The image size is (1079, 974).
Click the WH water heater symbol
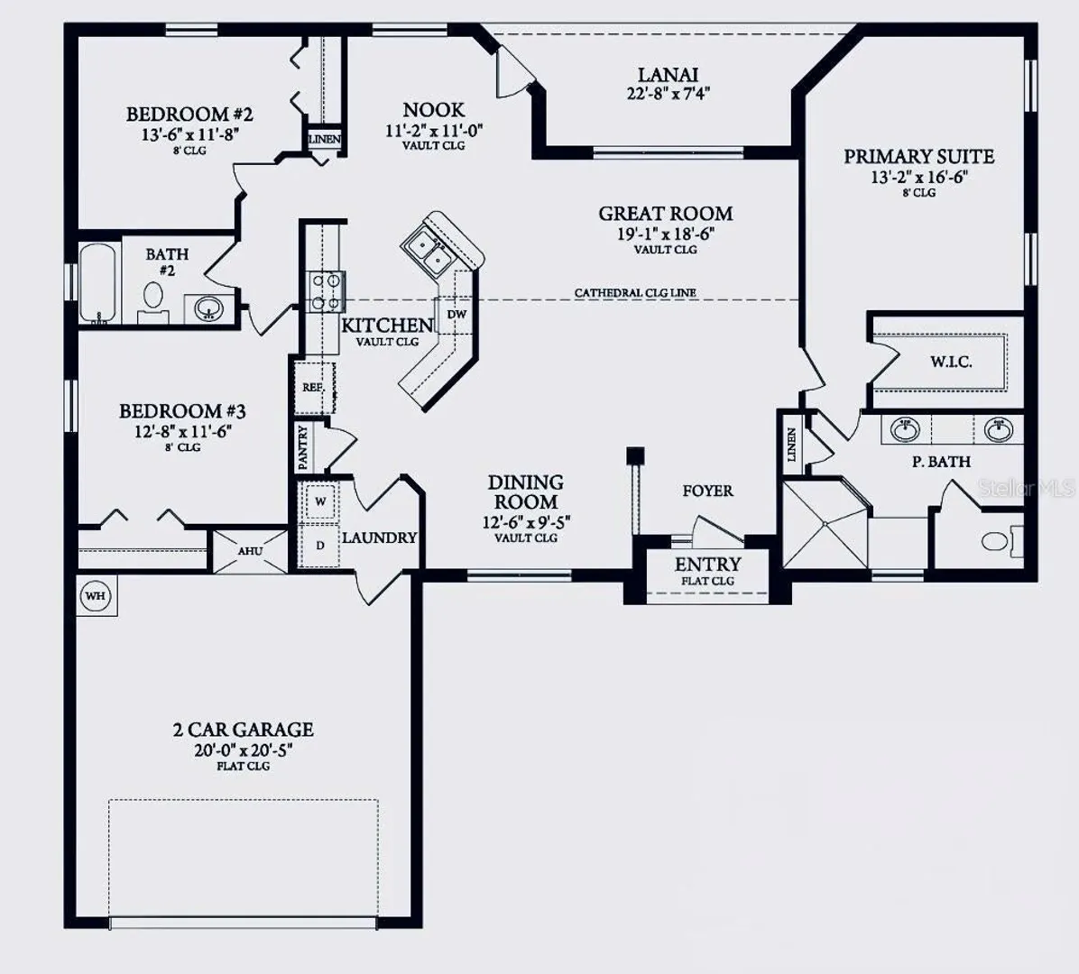[x=96, y=595]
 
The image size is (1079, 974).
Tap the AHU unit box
[x=250, y=551]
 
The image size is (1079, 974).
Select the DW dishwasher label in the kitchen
[x=456, y=315]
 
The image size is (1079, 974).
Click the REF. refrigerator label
[x=313, y=387]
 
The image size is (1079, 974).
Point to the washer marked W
[x=320, y=501]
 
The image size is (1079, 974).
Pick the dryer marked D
[x=320, y=546]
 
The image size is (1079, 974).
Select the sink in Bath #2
[x=207, y=308]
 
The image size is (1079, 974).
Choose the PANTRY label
[x=303, y=448]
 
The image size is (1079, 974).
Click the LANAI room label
[x=668, y=74]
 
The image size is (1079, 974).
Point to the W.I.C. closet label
[x=951, y=362]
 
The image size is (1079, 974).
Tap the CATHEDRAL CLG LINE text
[x=635, y=293]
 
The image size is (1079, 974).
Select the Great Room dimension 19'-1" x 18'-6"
[x=666, y=234]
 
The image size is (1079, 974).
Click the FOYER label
[x=707, y=492]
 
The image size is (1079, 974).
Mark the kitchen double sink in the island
[x=427, y=251]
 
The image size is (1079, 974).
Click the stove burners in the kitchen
[x=326, y=291]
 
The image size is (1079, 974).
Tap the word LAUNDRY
[x=380, y=538]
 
